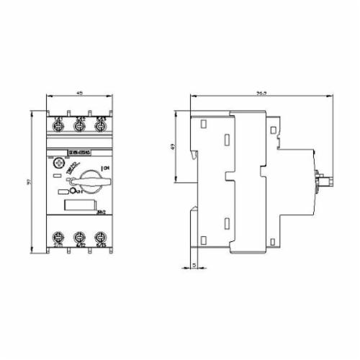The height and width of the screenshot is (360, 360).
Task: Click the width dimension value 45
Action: coord(79,94)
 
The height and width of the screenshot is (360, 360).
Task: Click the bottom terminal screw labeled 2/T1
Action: coord(58,238)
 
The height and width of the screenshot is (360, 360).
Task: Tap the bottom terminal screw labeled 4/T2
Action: coord(80,238)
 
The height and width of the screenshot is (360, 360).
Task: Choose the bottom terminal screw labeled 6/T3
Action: coord(102,238)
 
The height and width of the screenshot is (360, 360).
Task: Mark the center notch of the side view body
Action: coord(228,179)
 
